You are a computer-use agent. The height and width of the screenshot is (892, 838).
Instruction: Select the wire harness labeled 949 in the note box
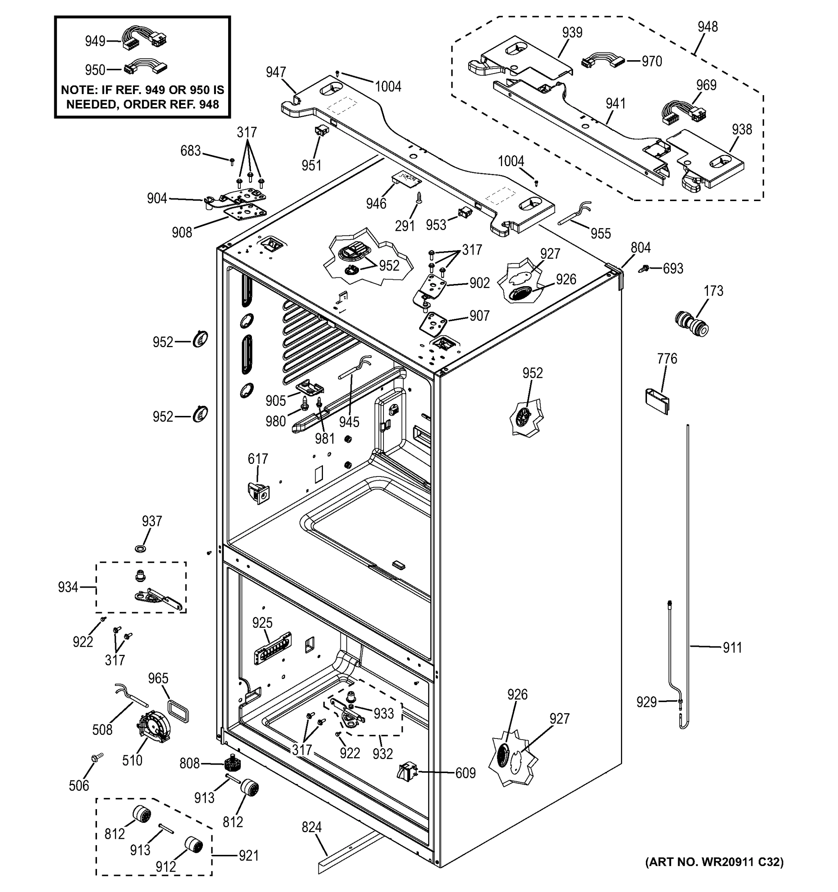click(x=145, y=37)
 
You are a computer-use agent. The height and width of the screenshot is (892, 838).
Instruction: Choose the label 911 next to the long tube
click(x=732, y=647)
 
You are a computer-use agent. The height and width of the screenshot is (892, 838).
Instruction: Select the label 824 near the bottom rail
click(x=311, y=827)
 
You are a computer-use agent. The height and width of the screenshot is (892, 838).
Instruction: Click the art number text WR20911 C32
click(x=714, y=862)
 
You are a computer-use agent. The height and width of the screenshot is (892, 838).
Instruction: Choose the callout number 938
click(x=741, y=129)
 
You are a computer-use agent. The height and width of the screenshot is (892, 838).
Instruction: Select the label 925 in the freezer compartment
click(x=262, y=623)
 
